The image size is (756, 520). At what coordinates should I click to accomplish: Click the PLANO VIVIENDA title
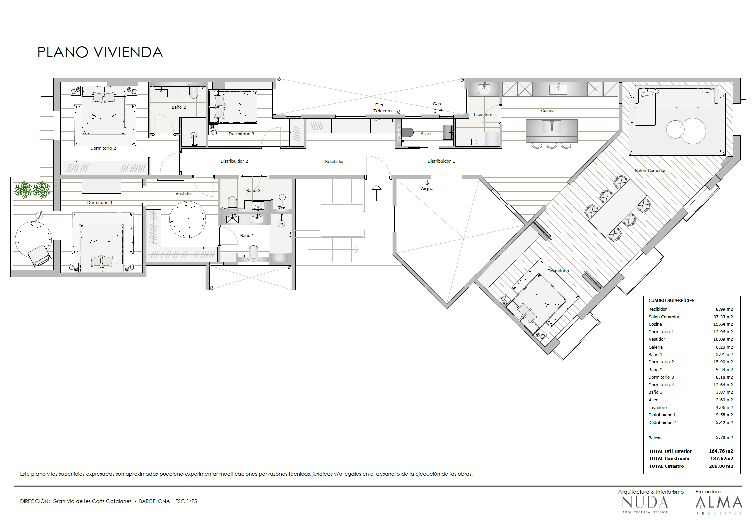(100, 52)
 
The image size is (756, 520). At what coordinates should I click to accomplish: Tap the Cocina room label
(547, 110)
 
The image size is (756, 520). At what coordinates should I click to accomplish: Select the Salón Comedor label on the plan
(650, 170)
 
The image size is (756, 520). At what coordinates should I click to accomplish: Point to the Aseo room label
(425, 133)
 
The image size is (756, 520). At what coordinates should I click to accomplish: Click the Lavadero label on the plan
(483, 115)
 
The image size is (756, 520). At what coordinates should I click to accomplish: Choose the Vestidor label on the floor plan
(184, 193)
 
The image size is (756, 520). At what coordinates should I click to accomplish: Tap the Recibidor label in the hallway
(334, 161)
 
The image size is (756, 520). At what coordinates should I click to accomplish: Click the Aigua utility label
(427, 189)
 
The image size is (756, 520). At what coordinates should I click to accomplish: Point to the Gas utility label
(437, 104)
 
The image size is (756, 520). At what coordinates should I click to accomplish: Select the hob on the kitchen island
(552, 127)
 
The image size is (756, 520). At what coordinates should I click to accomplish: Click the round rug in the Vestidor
(188, 219)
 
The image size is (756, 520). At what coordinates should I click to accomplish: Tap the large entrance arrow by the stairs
(376, 193)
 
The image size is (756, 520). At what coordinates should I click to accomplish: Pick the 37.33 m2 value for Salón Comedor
(723, 317)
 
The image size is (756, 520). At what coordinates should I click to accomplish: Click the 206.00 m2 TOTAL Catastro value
(721, 466)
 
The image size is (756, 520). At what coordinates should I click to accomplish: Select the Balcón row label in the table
(655, 438)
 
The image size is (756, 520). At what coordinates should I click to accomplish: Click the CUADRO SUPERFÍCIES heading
(671, 300)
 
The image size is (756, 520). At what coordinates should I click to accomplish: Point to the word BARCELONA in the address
(154, 501)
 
